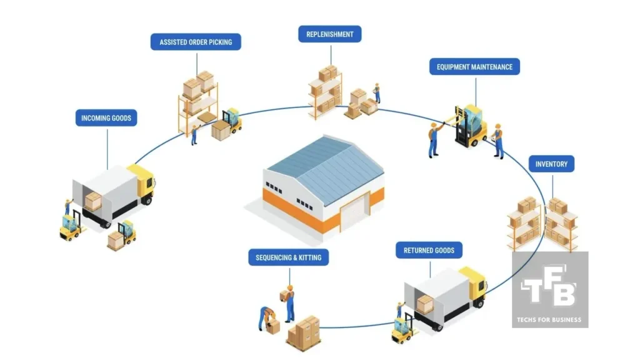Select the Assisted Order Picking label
point(196,42)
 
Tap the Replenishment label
point(329,34)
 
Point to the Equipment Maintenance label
point(474,67)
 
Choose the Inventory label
point(551,164)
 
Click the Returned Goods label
point(429,251)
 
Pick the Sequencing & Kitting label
point(288,257)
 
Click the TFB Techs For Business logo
point(549,289)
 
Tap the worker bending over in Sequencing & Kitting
point(266,316)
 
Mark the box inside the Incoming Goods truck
point(93,200)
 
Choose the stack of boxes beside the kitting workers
point(304,332)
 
